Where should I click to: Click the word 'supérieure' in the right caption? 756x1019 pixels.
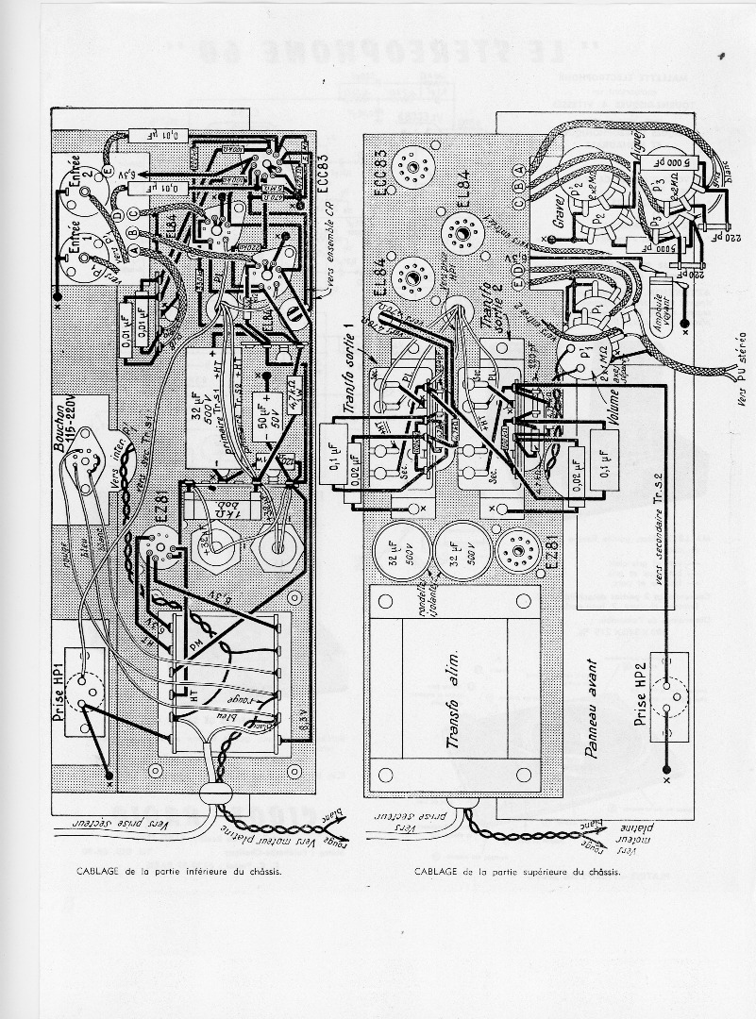tap(549, 872)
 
